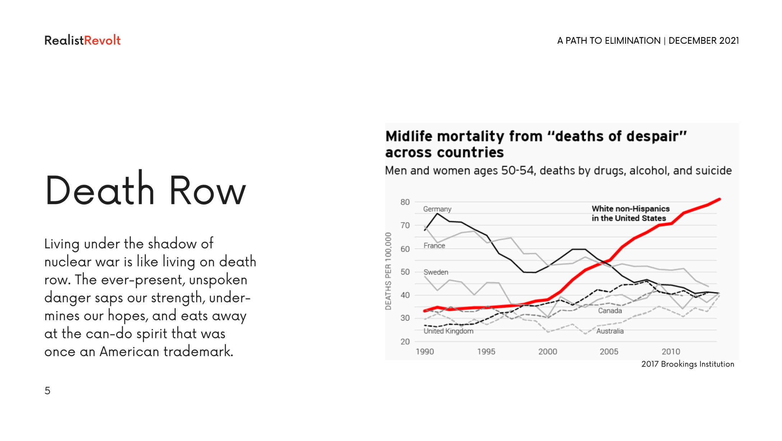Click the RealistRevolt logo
coord(82,40)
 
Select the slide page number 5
coord(47,391)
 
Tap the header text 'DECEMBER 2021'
coord(704,41)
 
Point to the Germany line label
coord(437,209)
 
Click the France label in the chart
coord(434,245)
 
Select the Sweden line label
coord(436,272)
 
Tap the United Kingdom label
coord(448,331)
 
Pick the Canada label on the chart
coord(610,311)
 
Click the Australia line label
coord(610,331)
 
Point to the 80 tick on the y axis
coord(405,202)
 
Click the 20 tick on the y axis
coord(405,341)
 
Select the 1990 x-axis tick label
coord(425,352)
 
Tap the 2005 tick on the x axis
coord(609,352)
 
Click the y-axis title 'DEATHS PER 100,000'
coord(388,271)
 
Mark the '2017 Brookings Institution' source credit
coord(688,364)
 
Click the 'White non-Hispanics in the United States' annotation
coord(631,213)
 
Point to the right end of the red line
coord(719,199)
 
